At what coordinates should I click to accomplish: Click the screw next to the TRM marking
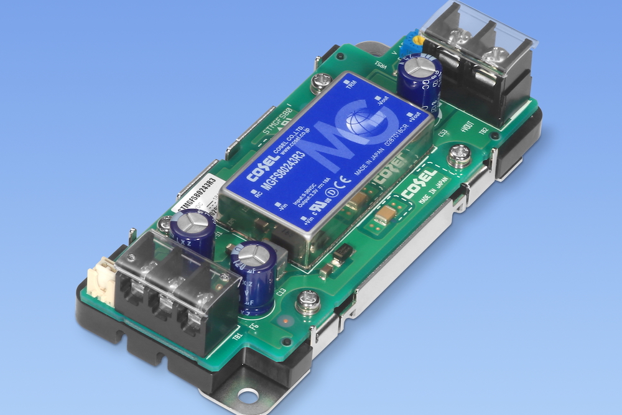tap(322, 81)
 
